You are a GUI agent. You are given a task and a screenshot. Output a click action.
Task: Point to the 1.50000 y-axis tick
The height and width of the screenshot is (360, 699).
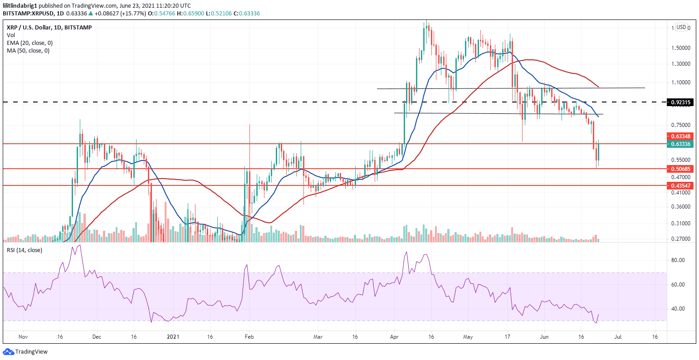tap(681, 48)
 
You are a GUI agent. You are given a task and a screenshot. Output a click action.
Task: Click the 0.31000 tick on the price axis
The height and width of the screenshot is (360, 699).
tap(681, 224)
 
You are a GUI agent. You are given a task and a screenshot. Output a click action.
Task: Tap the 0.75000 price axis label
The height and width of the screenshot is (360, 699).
tap(681, 125)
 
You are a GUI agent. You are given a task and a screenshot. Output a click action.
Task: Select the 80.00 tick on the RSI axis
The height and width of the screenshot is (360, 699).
tap(678, 260)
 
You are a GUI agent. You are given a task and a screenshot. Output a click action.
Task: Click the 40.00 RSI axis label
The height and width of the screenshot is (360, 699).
tap(678, 309)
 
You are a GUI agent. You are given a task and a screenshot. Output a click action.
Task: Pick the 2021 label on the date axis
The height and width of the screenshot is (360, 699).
tap(174, 337)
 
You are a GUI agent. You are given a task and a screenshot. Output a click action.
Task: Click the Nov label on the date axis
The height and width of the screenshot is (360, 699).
tap(24, 337)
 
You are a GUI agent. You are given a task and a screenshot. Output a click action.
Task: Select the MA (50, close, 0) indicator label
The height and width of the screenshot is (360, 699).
tap(28, 50)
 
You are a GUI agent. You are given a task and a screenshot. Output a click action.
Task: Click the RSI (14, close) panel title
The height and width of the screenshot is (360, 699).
tap(24, 250)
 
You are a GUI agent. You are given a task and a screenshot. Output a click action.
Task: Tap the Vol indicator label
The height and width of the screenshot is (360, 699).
tap(10, 35)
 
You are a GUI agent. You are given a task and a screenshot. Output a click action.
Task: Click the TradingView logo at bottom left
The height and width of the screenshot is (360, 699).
tap(25, 352)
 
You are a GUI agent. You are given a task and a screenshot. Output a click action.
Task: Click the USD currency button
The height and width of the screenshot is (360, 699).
tap(681, 27)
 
